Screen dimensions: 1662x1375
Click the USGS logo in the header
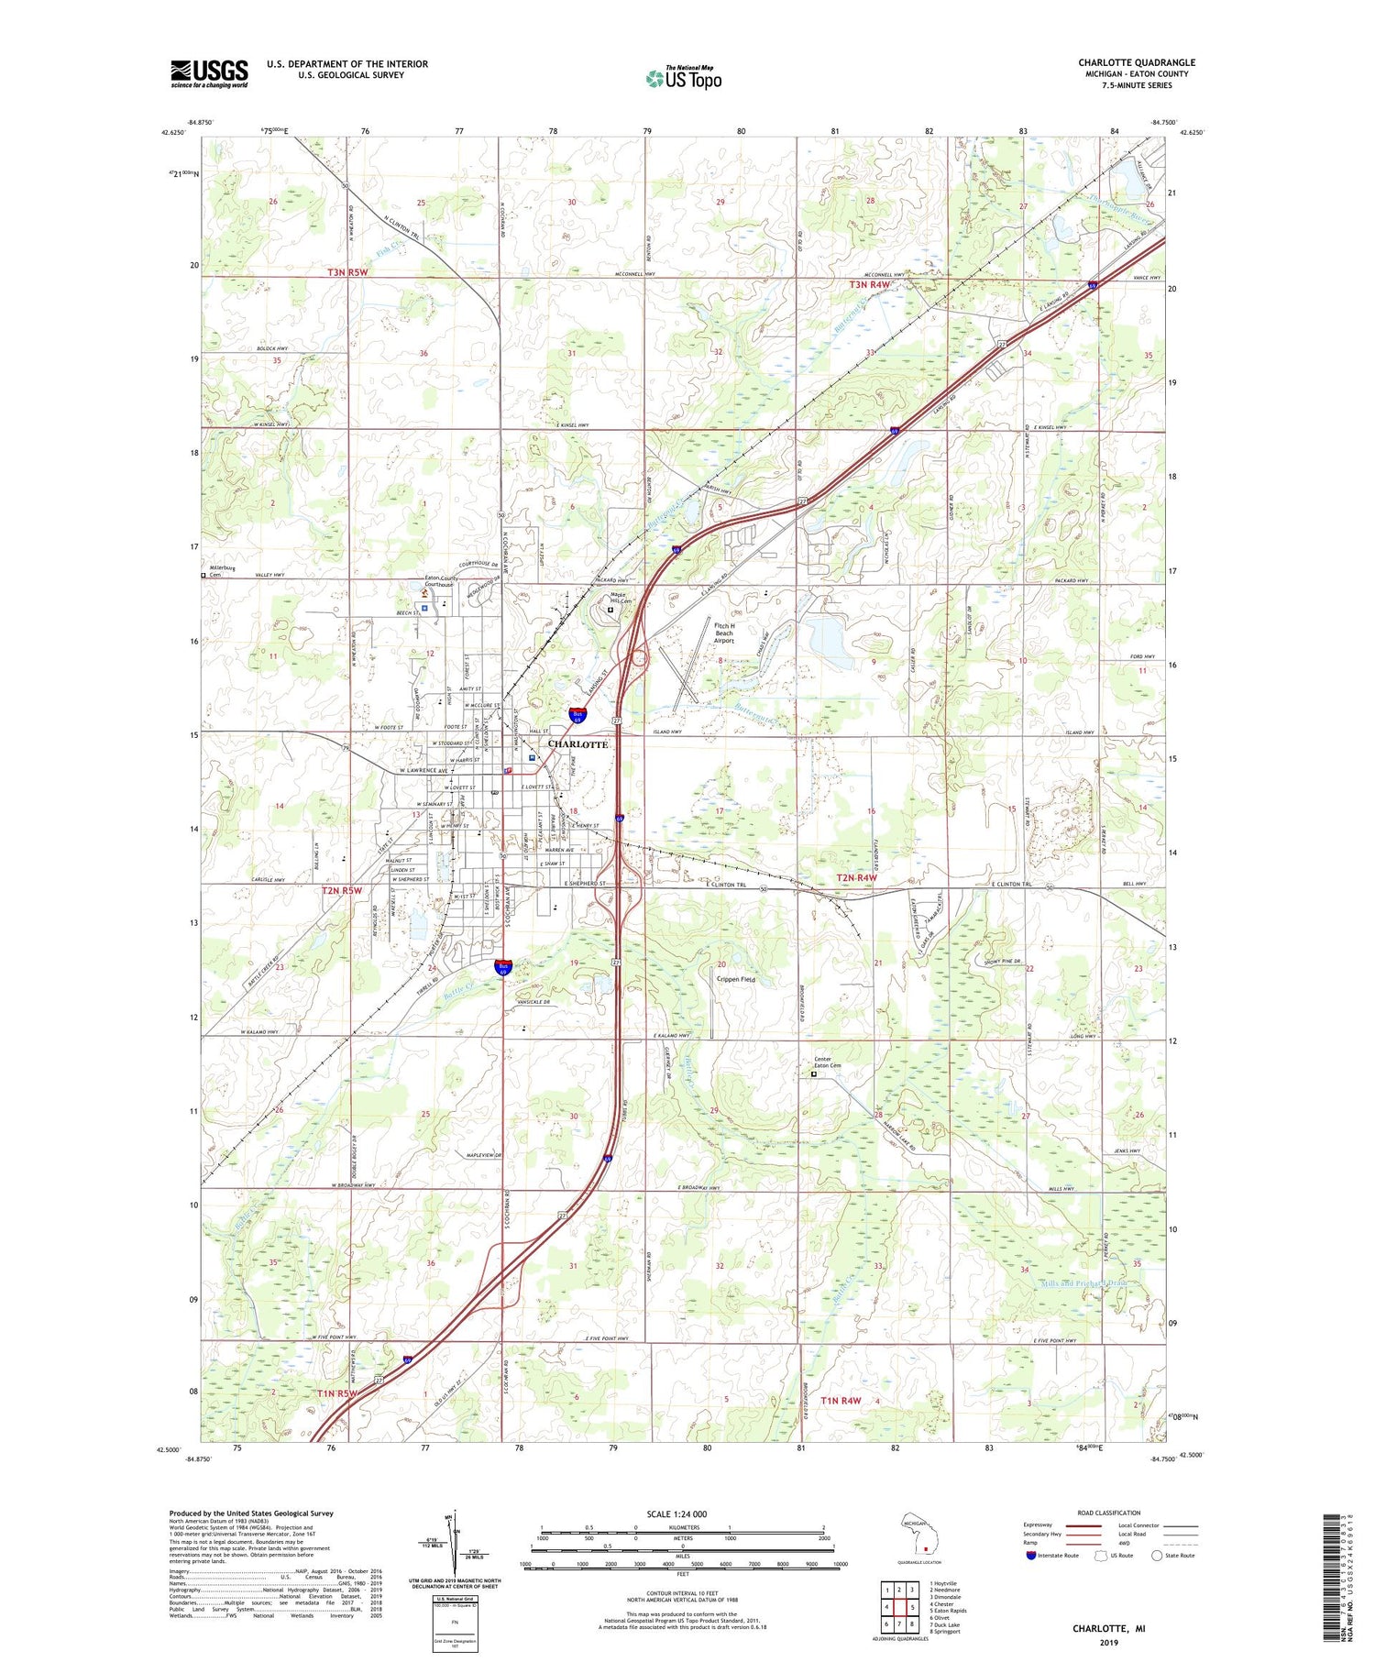(x=209, y=73)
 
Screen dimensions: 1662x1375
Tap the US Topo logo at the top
(x=684, y=79)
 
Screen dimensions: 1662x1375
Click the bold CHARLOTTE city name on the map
(x=577, y=744)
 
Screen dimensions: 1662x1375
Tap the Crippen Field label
(x=736, y=980)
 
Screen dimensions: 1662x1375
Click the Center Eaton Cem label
(x=828, y=1063)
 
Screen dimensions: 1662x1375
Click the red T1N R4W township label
(x=841, y=1401)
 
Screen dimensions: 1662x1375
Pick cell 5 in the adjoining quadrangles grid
(x=912, y=1607)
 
